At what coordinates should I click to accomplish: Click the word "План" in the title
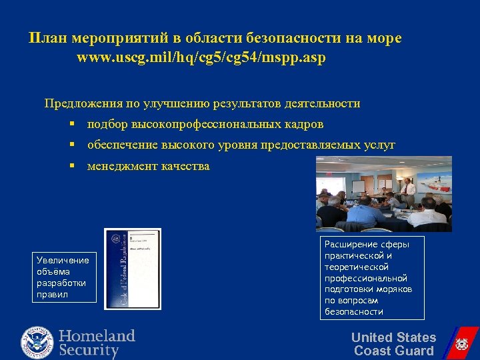45,39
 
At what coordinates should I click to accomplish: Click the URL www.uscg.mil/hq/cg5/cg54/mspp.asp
201,58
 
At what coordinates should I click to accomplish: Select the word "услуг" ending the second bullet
378,145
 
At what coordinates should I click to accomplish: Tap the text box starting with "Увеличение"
61,277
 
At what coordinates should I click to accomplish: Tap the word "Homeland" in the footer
97,335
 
